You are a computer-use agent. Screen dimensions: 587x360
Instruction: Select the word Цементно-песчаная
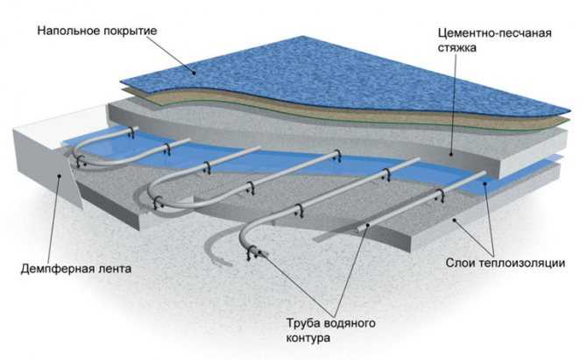point(494,33)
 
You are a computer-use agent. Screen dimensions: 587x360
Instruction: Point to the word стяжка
point(456,48)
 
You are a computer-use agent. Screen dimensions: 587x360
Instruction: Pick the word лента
point(113,269)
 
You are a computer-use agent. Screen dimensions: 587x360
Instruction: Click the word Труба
point(301,322)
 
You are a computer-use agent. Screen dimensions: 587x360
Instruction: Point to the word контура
point(308,338)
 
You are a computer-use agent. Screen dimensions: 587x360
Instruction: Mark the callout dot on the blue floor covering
point(194,73)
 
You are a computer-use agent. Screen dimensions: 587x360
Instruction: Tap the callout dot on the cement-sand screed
point(450,154)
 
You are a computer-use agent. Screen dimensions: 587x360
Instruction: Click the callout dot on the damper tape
point(60,175)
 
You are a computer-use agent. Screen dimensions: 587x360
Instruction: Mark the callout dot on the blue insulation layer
point(484,183)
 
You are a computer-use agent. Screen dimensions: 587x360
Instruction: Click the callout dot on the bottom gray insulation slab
point(455,220)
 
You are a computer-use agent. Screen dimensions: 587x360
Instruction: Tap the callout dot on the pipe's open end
point(258,252)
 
